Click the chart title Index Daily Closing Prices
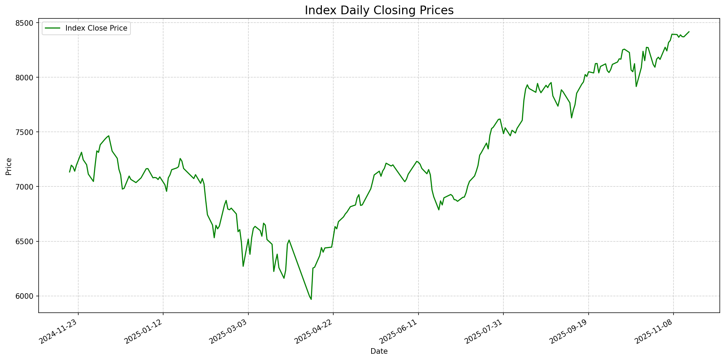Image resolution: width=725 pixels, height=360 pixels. coord(379,10)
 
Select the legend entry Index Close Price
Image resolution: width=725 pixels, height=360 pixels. coord(96,28)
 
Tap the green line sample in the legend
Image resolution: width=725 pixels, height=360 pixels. coord(52,28)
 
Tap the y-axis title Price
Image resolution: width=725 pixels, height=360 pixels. coord(9,166)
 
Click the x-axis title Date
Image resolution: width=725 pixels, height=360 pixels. coord(379,351)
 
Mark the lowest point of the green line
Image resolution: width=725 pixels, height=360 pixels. coord(311,299)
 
